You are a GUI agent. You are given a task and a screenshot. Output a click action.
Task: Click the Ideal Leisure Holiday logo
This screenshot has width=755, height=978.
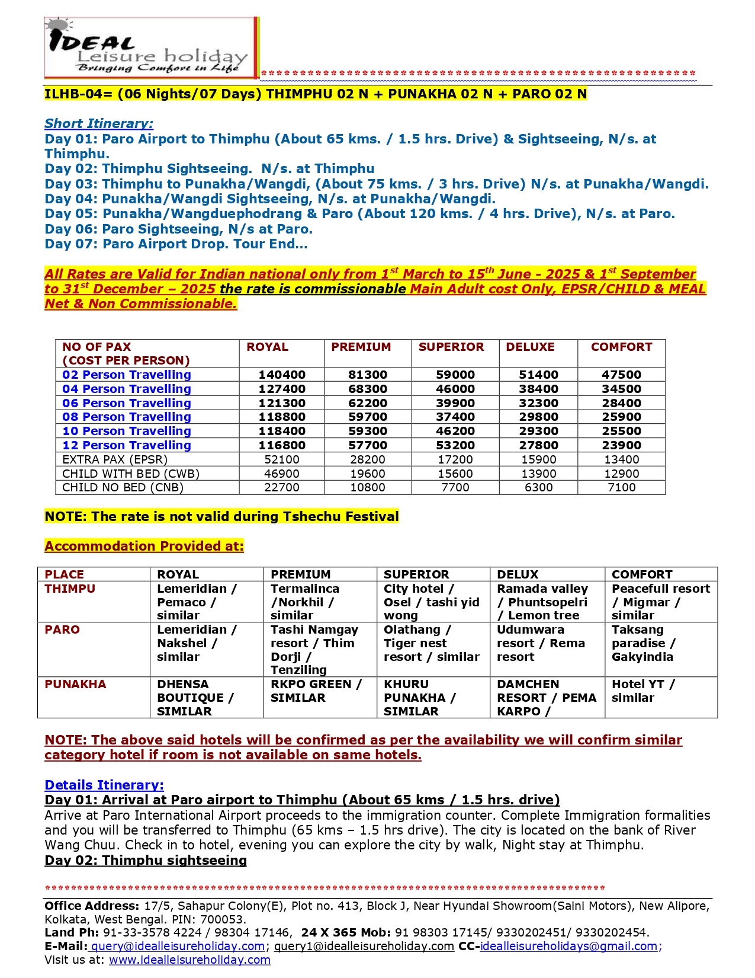(x=151, y=48)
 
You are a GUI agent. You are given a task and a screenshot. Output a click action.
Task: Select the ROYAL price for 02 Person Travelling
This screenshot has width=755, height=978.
(x=282, y=375)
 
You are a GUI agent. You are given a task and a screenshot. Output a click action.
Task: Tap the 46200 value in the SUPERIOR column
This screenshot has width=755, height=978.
(x=455, y=431)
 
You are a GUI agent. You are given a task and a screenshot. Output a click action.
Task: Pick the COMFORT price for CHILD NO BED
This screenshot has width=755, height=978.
(x=621, y=487)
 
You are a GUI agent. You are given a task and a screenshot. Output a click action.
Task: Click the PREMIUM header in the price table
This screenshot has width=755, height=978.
(x=361, y=347)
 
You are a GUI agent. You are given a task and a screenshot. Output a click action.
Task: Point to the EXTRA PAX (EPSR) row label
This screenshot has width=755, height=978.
(x=115, y=459)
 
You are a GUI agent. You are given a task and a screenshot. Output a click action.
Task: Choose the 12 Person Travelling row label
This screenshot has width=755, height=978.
(x=127, y=445)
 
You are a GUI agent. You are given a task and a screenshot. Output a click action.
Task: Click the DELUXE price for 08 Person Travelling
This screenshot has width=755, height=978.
(x=538, y=417)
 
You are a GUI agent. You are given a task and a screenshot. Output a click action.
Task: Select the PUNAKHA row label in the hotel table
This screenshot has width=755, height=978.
(x=75, y=684)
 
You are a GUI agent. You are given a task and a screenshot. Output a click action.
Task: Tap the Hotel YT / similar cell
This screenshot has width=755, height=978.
(x=643, y=691)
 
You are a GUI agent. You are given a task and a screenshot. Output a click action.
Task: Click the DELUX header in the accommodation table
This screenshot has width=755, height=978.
(x=518, y=574)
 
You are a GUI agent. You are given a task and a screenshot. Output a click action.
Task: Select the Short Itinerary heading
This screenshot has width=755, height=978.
(x=99, y=123)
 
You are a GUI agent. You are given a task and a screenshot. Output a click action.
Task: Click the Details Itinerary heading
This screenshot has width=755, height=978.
(x=104, y=785)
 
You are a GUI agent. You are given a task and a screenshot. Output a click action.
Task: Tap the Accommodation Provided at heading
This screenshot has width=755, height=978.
(x=144, y=546)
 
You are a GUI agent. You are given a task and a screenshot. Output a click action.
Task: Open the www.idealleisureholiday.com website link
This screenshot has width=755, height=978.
(x=189, y=960)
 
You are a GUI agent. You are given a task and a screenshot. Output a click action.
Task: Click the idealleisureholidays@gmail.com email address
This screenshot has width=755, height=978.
(x=568, y=946)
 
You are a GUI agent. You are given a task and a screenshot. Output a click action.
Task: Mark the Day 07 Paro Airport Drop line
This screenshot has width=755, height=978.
(x=176, y=244)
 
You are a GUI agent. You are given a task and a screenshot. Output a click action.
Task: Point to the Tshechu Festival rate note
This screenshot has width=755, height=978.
(x=221, y=516)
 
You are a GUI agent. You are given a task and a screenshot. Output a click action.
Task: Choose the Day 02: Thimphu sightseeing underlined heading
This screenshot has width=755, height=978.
(x=146, y=860)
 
